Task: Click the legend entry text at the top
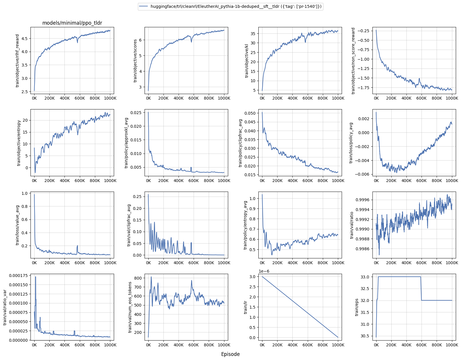click(236, 6)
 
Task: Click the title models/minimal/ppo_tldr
click(72, 23)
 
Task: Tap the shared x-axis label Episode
click(230, 354)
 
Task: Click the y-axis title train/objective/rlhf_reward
click(17, 60)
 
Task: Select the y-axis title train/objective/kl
click(247, 60)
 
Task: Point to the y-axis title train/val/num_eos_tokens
click(130, 307)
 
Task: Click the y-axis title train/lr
click(246, 307)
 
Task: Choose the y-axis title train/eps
click(357, 307)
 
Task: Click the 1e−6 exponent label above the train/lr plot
click(264, 271)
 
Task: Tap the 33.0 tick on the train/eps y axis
click(365, 277)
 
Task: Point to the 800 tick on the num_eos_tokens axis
click(138, 278)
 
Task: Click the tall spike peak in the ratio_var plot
click(35, 277)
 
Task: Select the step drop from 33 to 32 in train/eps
click(421, 289)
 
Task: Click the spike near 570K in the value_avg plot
click(78, 246)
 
